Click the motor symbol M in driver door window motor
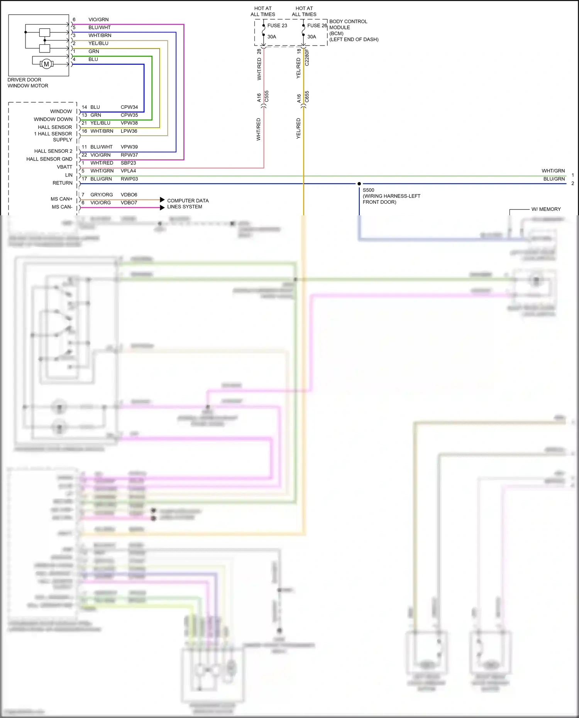pos(46,64)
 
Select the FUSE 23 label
pos(277,25)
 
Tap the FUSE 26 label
pos(317,25)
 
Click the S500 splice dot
pos(359,184)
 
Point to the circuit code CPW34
pos(129,107)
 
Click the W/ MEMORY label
pos(546,209)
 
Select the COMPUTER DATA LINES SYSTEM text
pos(188,204)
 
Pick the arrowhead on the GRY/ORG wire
pos(163,200)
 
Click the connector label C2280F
pos(307,57)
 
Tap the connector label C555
pos(266,96)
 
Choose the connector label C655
pos(307,96)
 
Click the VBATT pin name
pos(64,167)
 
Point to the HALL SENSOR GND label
pos(49,159)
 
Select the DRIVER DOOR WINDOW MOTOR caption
pos(28,83)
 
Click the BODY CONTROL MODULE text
pos(348,24)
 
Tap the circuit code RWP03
pos(129,179)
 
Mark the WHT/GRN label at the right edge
pos(553,171)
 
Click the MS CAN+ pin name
pos(61,199)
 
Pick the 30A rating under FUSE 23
pos(272,37)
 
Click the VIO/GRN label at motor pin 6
pos(98,20)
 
